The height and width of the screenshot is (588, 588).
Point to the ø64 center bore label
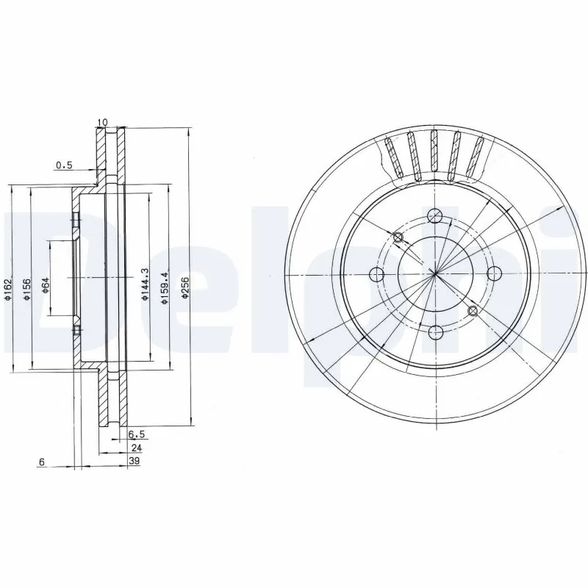point(45,284)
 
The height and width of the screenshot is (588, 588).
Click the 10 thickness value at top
point(101,122)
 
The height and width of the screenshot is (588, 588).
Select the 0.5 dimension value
point(64,165)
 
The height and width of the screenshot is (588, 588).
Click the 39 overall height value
point(135,461)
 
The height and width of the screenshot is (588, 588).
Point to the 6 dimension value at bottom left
point(42,462)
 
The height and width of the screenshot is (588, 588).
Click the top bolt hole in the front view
point(436,217)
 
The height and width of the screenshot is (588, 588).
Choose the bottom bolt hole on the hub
point(436,332)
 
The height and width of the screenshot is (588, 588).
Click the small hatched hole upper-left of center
point(398,237)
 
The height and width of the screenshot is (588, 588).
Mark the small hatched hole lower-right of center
point(473,312)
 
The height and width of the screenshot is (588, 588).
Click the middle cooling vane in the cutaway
point(434,155)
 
